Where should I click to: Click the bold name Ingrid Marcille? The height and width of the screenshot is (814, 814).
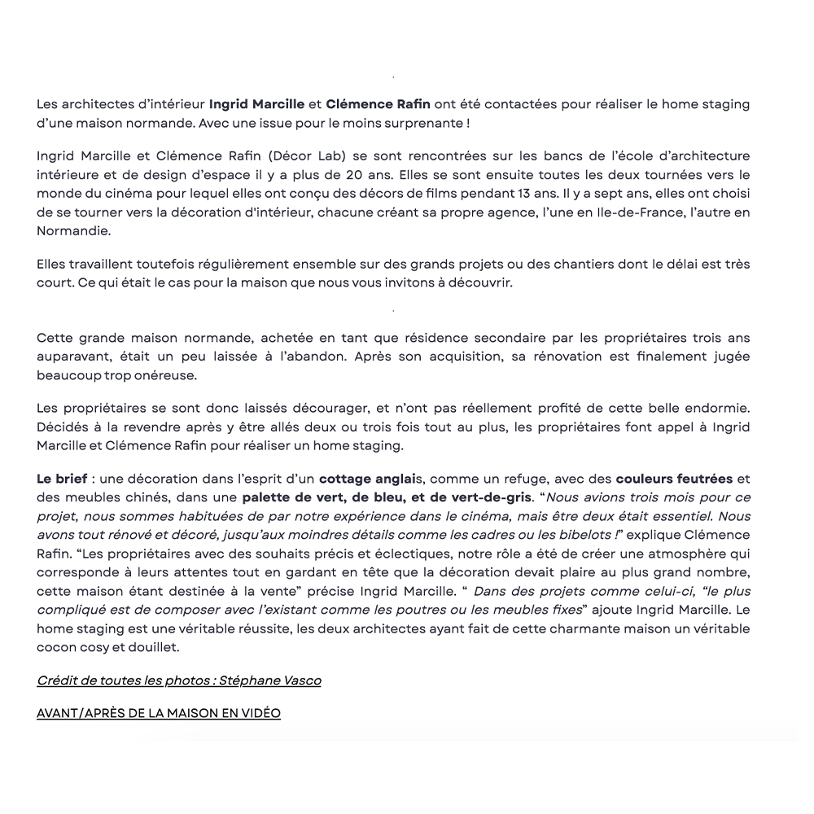pyautogui.click(x=256, y=104)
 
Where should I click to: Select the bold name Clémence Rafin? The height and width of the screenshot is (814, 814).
pyautogui.click(x=378, y=104)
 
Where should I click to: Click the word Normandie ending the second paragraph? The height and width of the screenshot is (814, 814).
pyautogui.click(x=72, y=231)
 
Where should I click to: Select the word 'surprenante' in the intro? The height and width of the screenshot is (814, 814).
pyautogui.click(x=427, y=123)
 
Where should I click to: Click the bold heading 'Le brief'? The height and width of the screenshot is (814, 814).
pyautogui.click(x=61, y=478)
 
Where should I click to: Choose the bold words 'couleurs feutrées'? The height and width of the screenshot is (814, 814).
pyautogui.click(x=674, y=478)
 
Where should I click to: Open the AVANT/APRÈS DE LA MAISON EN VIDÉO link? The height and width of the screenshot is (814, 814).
pyautogui.click(x=159, y=713)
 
